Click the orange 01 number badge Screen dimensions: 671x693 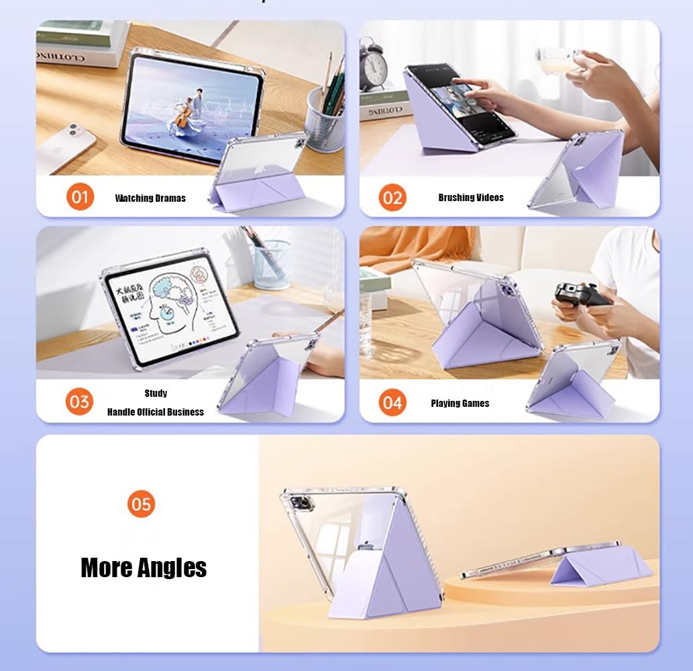80,197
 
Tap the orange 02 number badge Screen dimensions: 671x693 392,198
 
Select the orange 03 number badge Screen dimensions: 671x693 79,402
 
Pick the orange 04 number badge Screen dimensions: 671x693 392,403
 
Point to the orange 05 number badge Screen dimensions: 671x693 141,504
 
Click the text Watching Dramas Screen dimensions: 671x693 150,198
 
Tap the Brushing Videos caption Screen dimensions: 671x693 471,197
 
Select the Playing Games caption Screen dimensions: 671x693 460,403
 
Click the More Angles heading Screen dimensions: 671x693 144,568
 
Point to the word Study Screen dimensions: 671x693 156,393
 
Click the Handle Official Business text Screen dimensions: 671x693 156,412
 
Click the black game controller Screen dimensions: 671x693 580,294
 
